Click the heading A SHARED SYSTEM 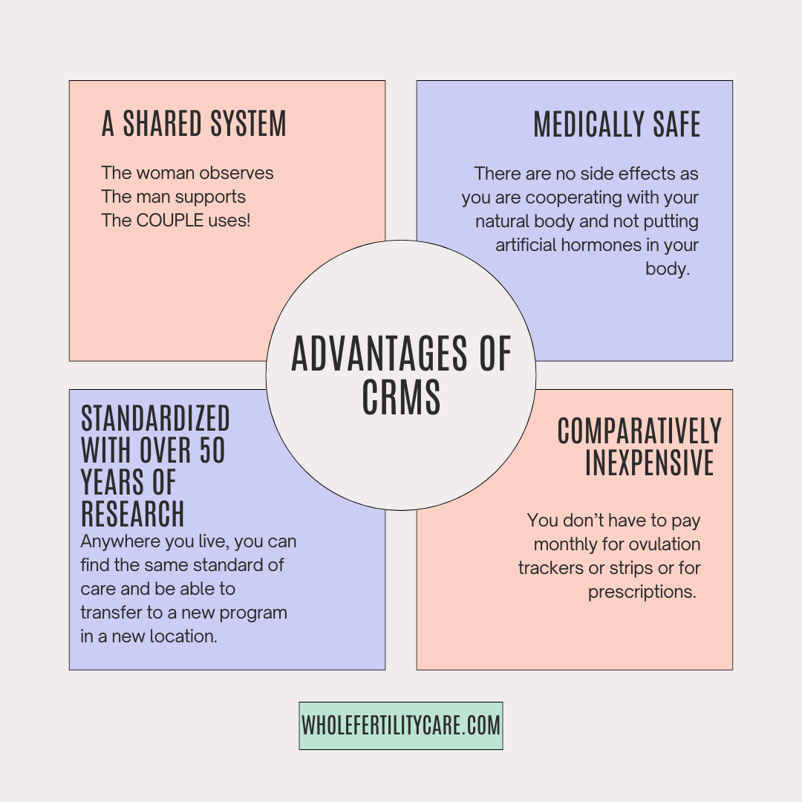(194, 124)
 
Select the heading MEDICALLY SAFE (617, 125)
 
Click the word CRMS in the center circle (401, 397)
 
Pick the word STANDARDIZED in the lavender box (155, 420)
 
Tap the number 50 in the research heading (212, 451)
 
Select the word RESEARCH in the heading (132, 514)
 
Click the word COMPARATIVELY (639, 431)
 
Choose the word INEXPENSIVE (649, 463)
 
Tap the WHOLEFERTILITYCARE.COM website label (401, 726)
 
